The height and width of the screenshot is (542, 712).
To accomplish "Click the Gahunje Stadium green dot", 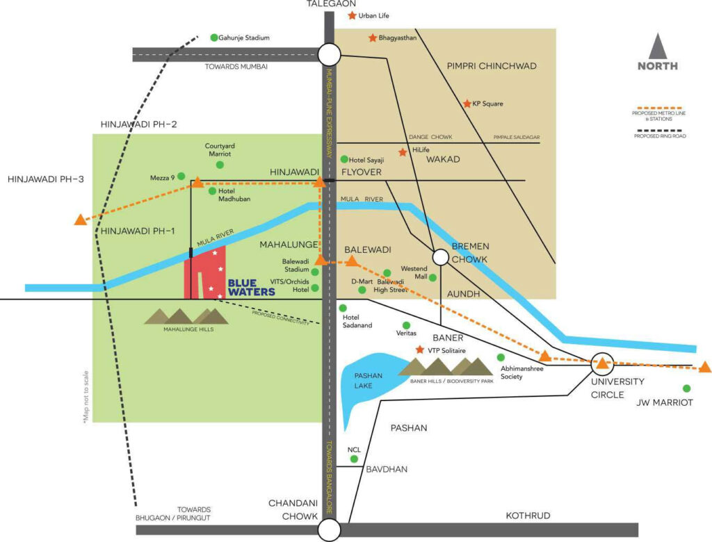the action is point(214,38).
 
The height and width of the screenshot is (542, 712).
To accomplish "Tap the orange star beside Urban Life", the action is point(352,15).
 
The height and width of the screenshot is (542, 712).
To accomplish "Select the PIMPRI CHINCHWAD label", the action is point(492,66).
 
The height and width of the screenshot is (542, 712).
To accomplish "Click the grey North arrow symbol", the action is point(658,47).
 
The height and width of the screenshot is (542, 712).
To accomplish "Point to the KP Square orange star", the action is point(467,104).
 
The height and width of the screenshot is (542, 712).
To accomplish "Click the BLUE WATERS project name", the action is point(251,288).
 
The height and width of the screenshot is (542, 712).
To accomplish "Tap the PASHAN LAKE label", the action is point(369,380).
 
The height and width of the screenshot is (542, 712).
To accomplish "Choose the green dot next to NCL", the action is point(354,459).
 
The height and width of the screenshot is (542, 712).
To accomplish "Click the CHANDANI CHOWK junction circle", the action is point(329,529).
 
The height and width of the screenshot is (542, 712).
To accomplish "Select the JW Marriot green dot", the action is point(686,388).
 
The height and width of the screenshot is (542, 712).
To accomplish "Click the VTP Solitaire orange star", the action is point(420,350).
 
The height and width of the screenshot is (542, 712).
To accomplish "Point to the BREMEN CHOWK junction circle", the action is point(440,257).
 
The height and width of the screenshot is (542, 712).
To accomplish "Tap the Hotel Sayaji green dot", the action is point(344,159).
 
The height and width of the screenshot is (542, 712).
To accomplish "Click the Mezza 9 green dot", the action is point(181,176).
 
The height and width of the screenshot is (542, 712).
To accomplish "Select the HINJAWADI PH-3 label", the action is point(46,179).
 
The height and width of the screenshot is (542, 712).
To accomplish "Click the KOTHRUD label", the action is point(528,516).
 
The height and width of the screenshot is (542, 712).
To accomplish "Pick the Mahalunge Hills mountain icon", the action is point(186,316).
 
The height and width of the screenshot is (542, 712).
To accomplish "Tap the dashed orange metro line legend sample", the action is point(659,108).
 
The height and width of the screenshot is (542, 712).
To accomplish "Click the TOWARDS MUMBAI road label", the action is point(236,67).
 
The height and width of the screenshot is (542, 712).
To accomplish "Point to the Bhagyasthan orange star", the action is point(373,38).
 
